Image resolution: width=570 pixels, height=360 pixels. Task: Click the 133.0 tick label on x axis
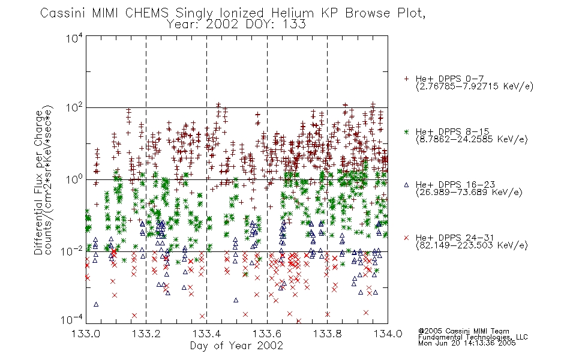click(86, 334)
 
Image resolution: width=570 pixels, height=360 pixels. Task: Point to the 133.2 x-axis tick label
click(146, 334)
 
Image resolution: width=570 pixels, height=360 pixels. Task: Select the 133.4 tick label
click(206, 334)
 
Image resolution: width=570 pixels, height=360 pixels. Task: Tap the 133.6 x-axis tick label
click(267, 334)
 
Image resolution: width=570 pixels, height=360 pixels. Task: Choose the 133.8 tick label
click(327, 334)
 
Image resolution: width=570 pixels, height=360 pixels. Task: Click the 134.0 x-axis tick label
click(388, 334)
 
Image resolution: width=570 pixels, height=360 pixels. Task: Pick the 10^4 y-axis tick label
click(74, 38)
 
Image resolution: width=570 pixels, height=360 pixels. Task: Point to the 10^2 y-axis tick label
click(74, 108)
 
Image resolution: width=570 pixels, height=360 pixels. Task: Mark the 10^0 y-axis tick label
click(74, 179)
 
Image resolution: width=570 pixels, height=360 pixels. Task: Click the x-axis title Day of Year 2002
click(236, 346)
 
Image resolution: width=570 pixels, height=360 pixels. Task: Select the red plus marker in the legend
click(406, 79)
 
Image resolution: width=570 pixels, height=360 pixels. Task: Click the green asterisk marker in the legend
click(406, 131)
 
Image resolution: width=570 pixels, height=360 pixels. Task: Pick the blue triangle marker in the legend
click(406, 185)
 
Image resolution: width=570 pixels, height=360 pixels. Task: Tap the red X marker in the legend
click(406, 238)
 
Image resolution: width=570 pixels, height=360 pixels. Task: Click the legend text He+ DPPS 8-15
click(452, 131)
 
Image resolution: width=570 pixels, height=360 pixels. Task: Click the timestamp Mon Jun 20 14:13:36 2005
click(467, 343)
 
